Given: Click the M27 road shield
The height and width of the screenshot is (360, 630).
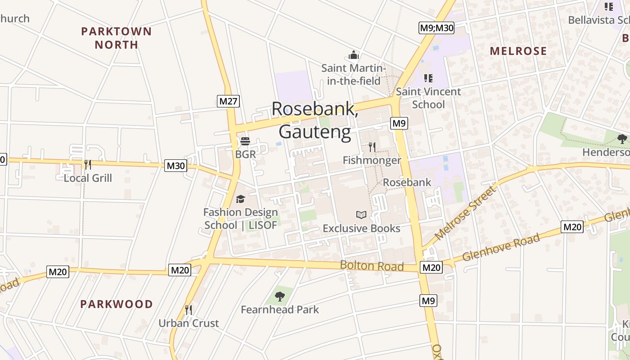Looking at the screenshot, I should tap(228, 101).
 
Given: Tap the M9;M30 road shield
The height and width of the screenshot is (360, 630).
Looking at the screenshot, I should tap(436, 28).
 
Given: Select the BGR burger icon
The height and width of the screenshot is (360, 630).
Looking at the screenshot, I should tap(245, 141).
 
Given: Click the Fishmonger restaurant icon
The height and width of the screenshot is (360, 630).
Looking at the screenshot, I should tap(372, 147).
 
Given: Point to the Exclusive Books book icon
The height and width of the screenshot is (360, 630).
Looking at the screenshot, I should tap(361, 215).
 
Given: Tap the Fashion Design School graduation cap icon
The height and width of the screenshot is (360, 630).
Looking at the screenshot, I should tap(241, 199).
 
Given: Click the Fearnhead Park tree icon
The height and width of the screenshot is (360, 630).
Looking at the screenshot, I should tap(280, 296).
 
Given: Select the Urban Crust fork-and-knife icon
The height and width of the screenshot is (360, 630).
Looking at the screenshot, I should tap(189, 310).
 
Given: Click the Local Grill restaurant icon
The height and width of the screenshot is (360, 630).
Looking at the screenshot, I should tap(87, 164).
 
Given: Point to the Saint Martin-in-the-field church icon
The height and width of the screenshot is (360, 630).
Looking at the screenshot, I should tap(354, 55).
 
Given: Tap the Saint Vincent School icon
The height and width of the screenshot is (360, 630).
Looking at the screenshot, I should tap(428, 78).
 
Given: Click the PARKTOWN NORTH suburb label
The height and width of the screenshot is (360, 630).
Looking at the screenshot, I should tap(116, 38).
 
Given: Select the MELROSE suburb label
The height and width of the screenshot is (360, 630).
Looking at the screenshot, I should tap(518, 51).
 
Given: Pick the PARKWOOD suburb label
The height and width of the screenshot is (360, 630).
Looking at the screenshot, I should tap(117, 304).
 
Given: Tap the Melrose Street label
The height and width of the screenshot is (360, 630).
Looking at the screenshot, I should tap(465, 212).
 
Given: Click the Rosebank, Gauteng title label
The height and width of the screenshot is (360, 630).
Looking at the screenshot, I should tap(315, 120).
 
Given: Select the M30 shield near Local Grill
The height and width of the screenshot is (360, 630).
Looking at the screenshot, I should tap(175, 166).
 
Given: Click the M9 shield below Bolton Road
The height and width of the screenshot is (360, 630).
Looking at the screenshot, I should tap(428, 301).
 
